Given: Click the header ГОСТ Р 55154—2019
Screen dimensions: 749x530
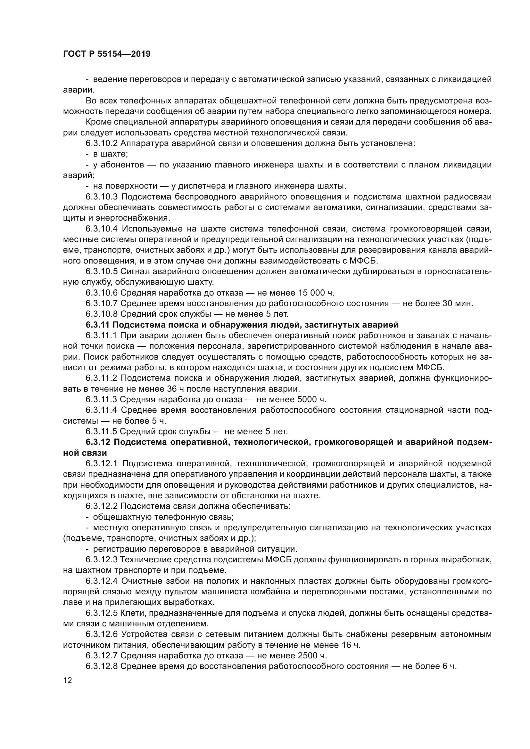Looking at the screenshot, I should (107, 54).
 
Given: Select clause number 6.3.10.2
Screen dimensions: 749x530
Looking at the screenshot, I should (102, 143).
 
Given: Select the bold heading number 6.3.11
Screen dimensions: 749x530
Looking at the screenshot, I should (98, 325).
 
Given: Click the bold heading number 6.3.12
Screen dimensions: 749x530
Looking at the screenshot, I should (98, 442).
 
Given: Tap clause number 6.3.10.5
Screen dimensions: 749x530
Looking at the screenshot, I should (102, 272).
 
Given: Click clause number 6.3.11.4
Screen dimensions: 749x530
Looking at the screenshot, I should (102, 411).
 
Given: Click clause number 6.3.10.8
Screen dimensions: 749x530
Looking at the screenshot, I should (102, 314).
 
